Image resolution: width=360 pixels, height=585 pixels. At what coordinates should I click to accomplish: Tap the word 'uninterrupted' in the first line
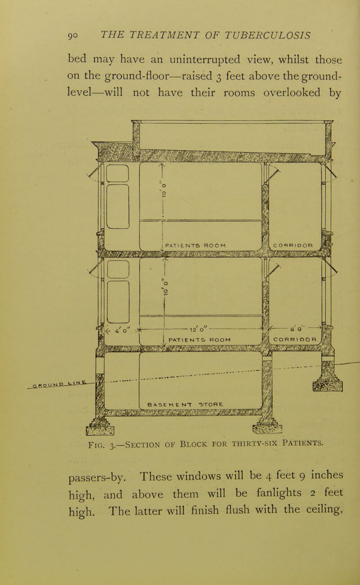tap(204, 60)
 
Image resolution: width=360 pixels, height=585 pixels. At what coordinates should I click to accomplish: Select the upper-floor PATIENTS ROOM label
tap(196, 246)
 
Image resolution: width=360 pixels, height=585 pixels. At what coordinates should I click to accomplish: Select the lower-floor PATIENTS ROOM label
tap(200, 340)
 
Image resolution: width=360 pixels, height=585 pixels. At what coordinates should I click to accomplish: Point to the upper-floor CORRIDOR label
tap(293, 246)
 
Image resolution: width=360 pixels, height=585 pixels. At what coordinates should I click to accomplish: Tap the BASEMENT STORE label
tap(185, 405)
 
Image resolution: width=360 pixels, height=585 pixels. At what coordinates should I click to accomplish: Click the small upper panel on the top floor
tap(117, 173)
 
